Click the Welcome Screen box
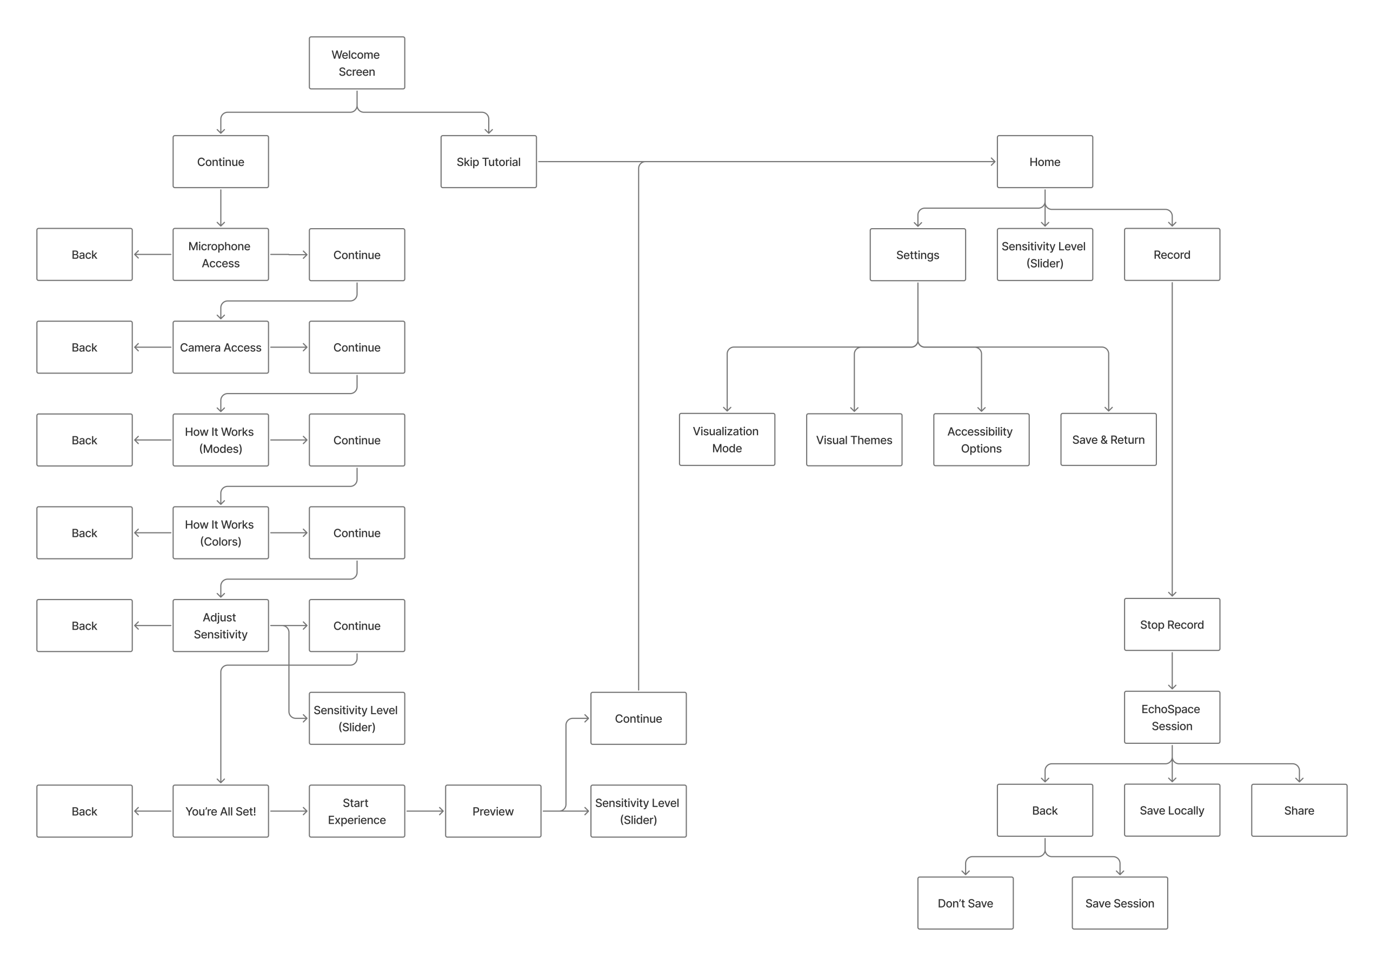357,63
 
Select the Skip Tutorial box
488,162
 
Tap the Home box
1044,162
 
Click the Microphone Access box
221,254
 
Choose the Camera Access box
221,347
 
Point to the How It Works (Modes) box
221,440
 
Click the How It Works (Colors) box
221,532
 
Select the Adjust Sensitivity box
221,625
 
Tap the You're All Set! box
221,811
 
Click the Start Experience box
357,811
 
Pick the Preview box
493,811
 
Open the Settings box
917,254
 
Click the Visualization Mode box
727,439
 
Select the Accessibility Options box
981,439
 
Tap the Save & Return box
1108,439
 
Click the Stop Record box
1172,624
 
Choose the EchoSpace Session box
1172,717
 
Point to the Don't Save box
965,903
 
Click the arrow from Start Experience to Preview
425,811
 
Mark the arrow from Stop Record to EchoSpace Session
1172,671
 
